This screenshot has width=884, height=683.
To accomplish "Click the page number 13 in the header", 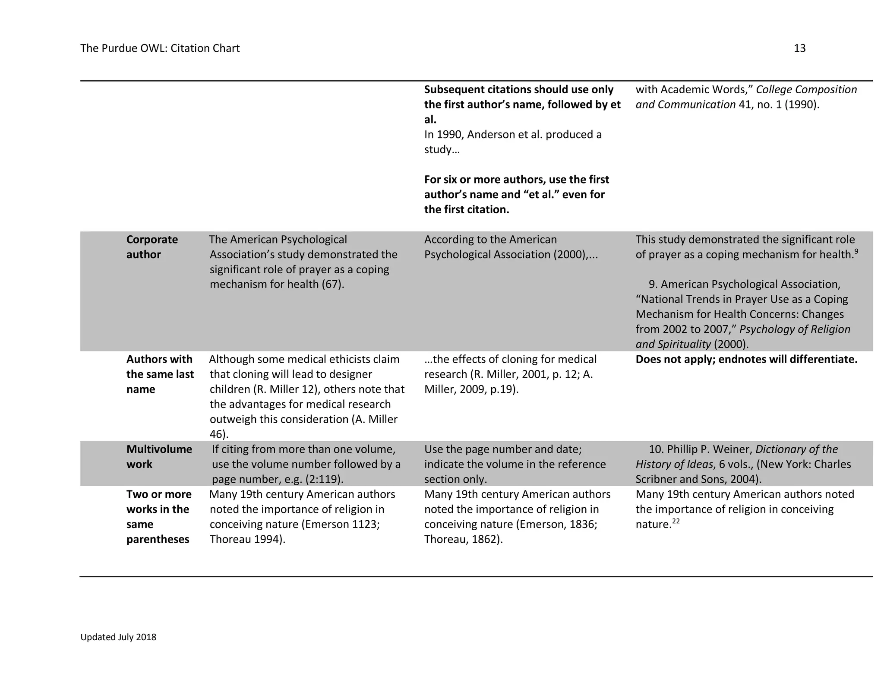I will tap(799, 48).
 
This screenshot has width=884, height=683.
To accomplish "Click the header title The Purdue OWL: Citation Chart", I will tap(160, 48).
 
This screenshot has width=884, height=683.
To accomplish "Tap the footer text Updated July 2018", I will tap(118, 637).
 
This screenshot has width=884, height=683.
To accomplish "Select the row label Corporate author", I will tap(152, 247).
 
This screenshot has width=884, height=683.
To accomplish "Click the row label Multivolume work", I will tap(159, 457).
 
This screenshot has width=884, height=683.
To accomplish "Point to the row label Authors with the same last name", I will tap(160, 374).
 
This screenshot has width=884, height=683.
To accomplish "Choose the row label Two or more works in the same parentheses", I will tap(158, 517).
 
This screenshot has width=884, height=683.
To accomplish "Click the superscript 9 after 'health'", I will tap(856, 251).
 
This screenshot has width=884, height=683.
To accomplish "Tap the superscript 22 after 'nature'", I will tap(676, 522).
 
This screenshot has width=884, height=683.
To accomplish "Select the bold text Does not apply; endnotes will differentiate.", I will tap(746, 360).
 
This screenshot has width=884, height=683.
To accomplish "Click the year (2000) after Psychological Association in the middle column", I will tap(569, 255).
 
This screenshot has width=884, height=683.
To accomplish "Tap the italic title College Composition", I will tap(806, 90).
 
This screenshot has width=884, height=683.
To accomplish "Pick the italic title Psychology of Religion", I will tap(794, 329).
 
